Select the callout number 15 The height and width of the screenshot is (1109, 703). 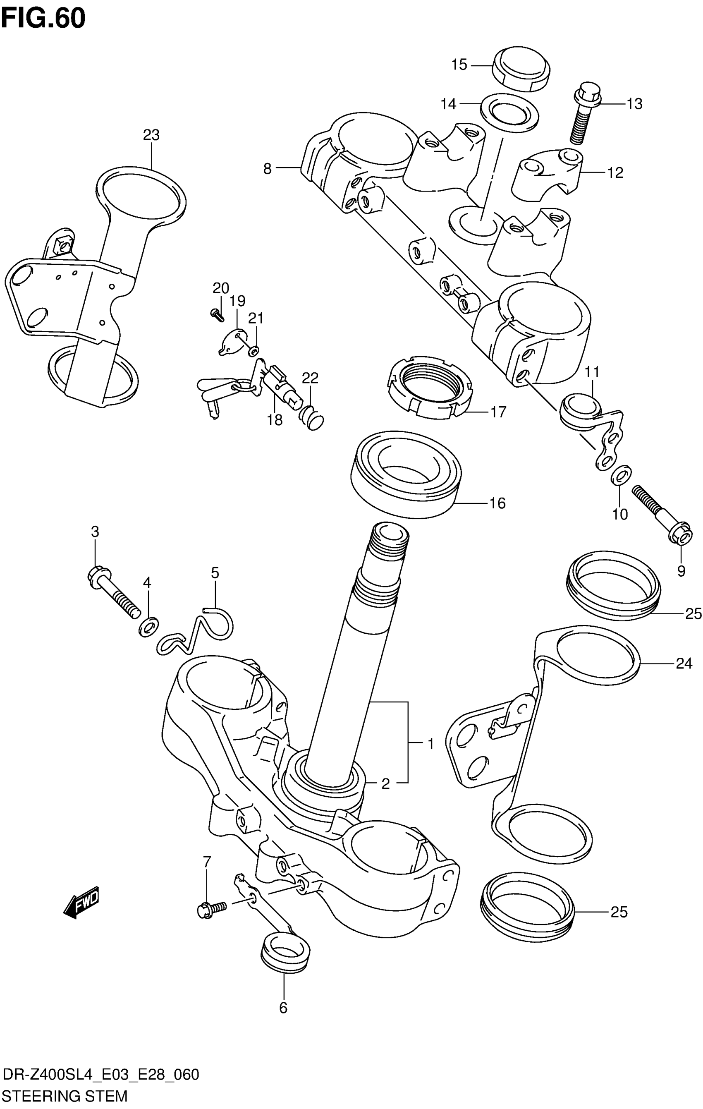pos(459,65)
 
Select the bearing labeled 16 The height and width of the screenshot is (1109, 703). pos(406,473)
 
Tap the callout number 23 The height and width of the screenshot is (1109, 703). pos(151,135)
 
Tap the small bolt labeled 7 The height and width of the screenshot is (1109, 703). pos(211,910)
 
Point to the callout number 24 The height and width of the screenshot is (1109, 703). pos(684,663)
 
